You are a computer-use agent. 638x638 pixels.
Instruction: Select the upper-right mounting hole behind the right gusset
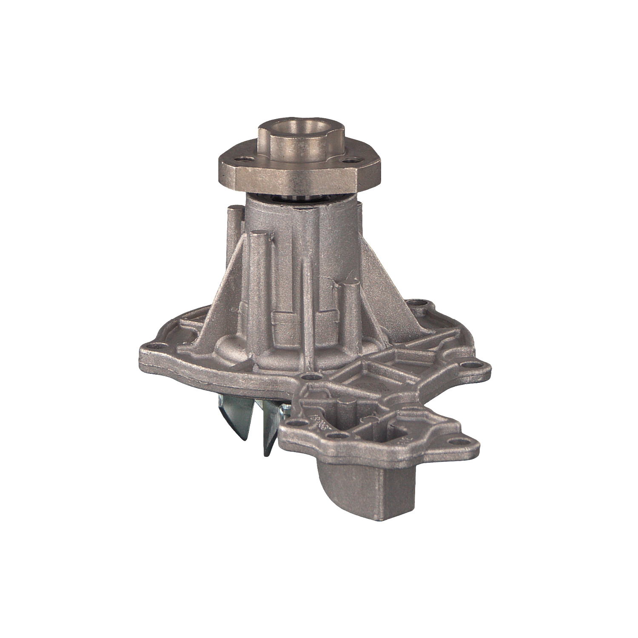coord(422,304)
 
